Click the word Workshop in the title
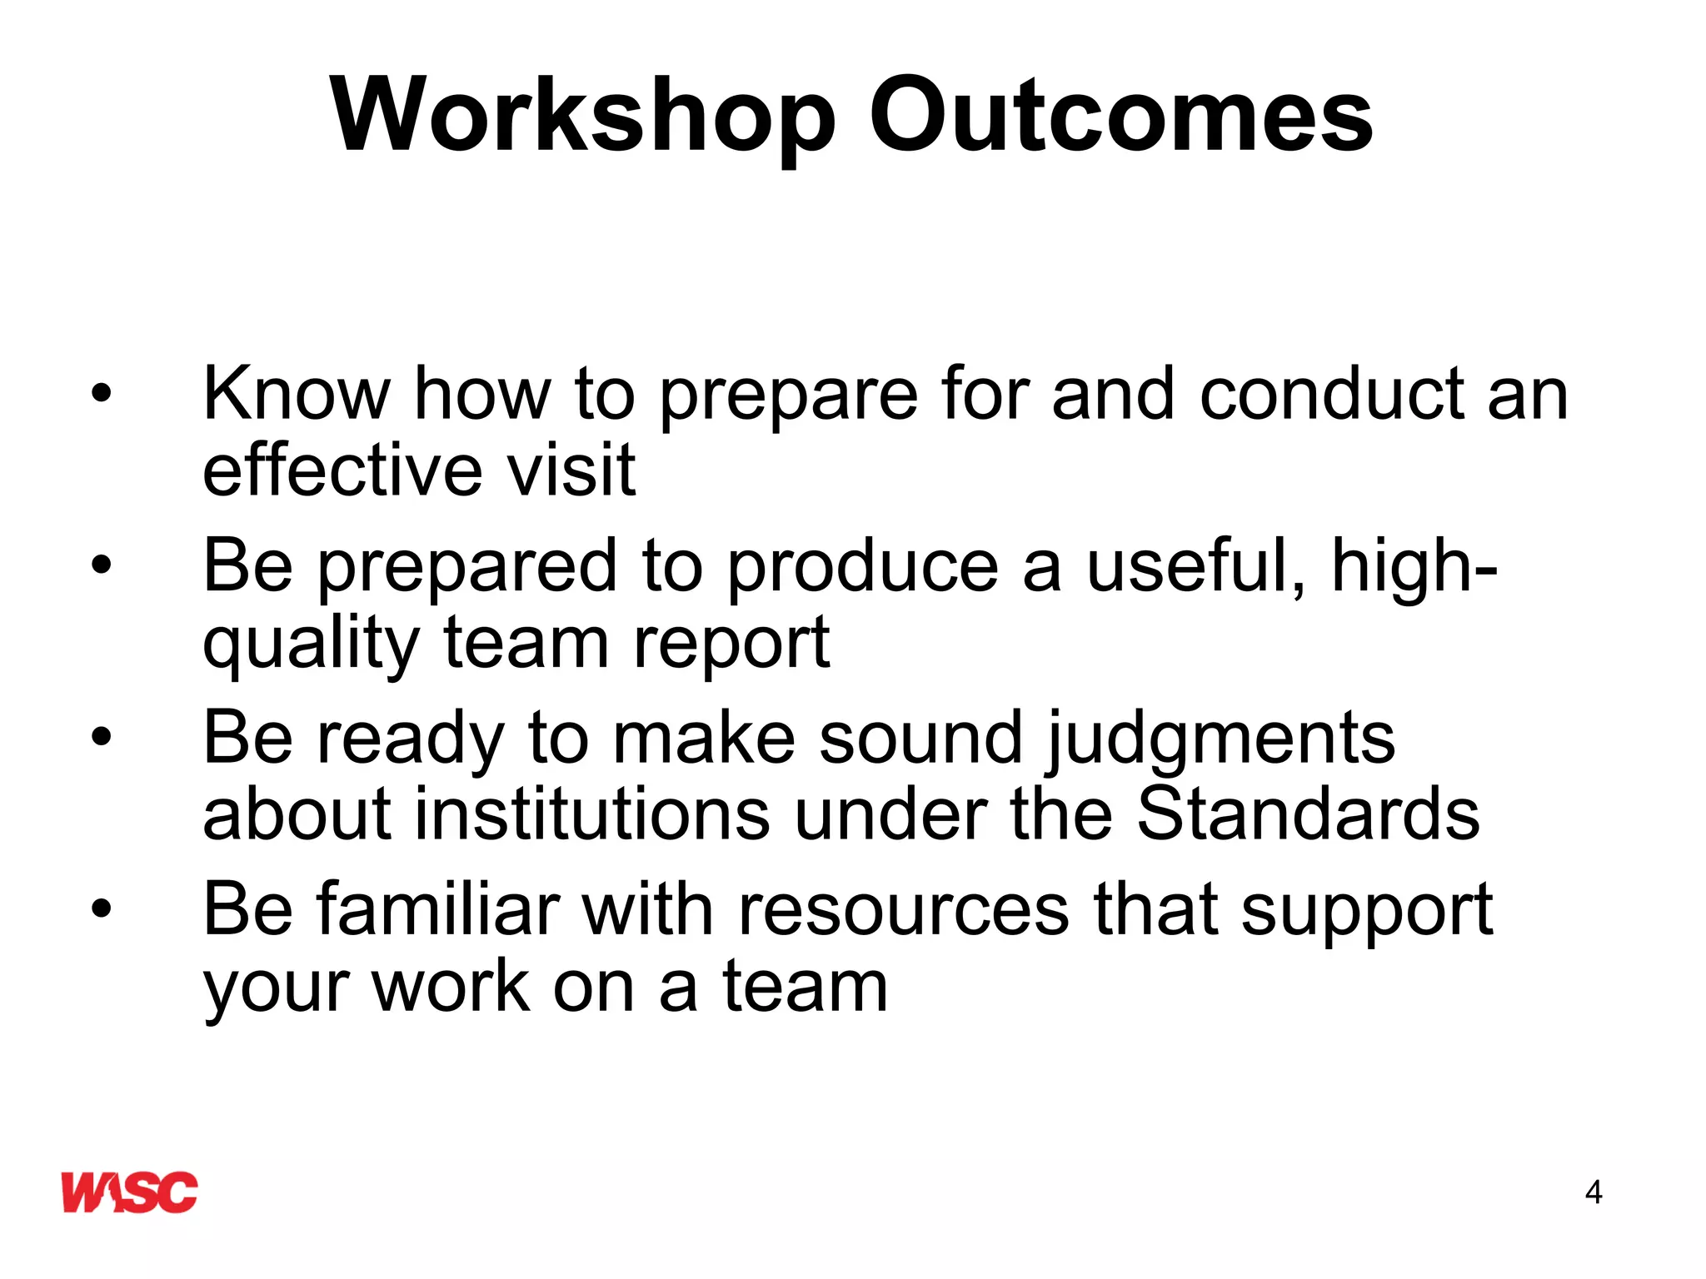click(582, 117)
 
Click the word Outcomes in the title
click(1120, 117)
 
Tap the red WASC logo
click(130, 1192)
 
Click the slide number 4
click(1593, 1192)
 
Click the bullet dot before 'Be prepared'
click(101, 565)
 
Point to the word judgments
click(1220, 739)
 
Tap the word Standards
click(1308, 814)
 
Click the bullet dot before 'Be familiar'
click(101, 908)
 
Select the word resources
click(904, 910)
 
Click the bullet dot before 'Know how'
click(101, 393)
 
